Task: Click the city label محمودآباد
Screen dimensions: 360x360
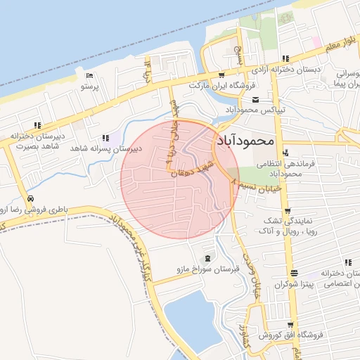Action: point(245,139)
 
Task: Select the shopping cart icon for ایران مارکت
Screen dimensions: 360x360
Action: point(221,74)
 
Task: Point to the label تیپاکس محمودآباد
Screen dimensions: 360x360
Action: point(255,110)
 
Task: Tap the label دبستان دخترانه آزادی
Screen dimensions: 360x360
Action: point(287,71)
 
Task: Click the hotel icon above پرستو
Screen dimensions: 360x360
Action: point(89,76)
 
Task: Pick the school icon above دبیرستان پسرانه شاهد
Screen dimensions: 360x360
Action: point(105,138)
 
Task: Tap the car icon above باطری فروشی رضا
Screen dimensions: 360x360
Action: point(31,198)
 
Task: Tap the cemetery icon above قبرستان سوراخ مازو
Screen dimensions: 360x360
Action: point(209,257)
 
